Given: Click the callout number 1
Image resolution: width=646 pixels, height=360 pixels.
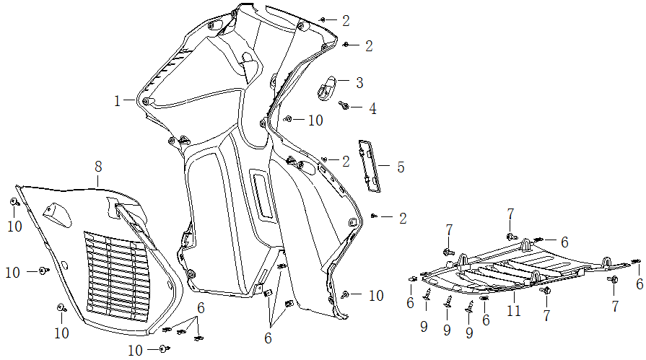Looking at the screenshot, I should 117,101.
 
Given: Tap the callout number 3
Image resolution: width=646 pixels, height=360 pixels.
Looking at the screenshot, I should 359,82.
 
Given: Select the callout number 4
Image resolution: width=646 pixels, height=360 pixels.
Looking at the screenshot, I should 372,109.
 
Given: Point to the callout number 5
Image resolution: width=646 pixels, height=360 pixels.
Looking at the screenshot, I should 400,167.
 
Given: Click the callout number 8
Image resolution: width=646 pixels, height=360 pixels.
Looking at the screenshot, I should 98,167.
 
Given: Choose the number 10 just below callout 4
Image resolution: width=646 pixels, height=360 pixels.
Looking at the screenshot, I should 315,120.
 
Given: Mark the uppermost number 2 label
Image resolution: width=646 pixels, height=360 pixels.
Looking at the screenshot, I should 346,20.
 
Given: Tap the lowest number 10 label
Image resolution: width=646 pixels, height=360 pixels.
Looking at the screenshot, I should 136,351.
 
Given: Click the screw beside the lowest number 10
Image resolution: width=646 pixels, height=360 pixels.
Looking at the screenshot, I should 165,349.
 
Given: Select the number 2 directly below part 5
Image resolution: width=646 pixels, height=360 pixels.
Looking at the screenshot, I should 403,218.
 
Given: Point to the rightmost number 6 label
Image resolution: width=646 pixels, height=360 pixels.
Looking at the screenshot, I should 640,284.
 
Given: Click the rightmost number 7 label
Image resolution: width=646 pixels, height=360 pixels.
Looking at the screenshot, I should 615,306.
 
